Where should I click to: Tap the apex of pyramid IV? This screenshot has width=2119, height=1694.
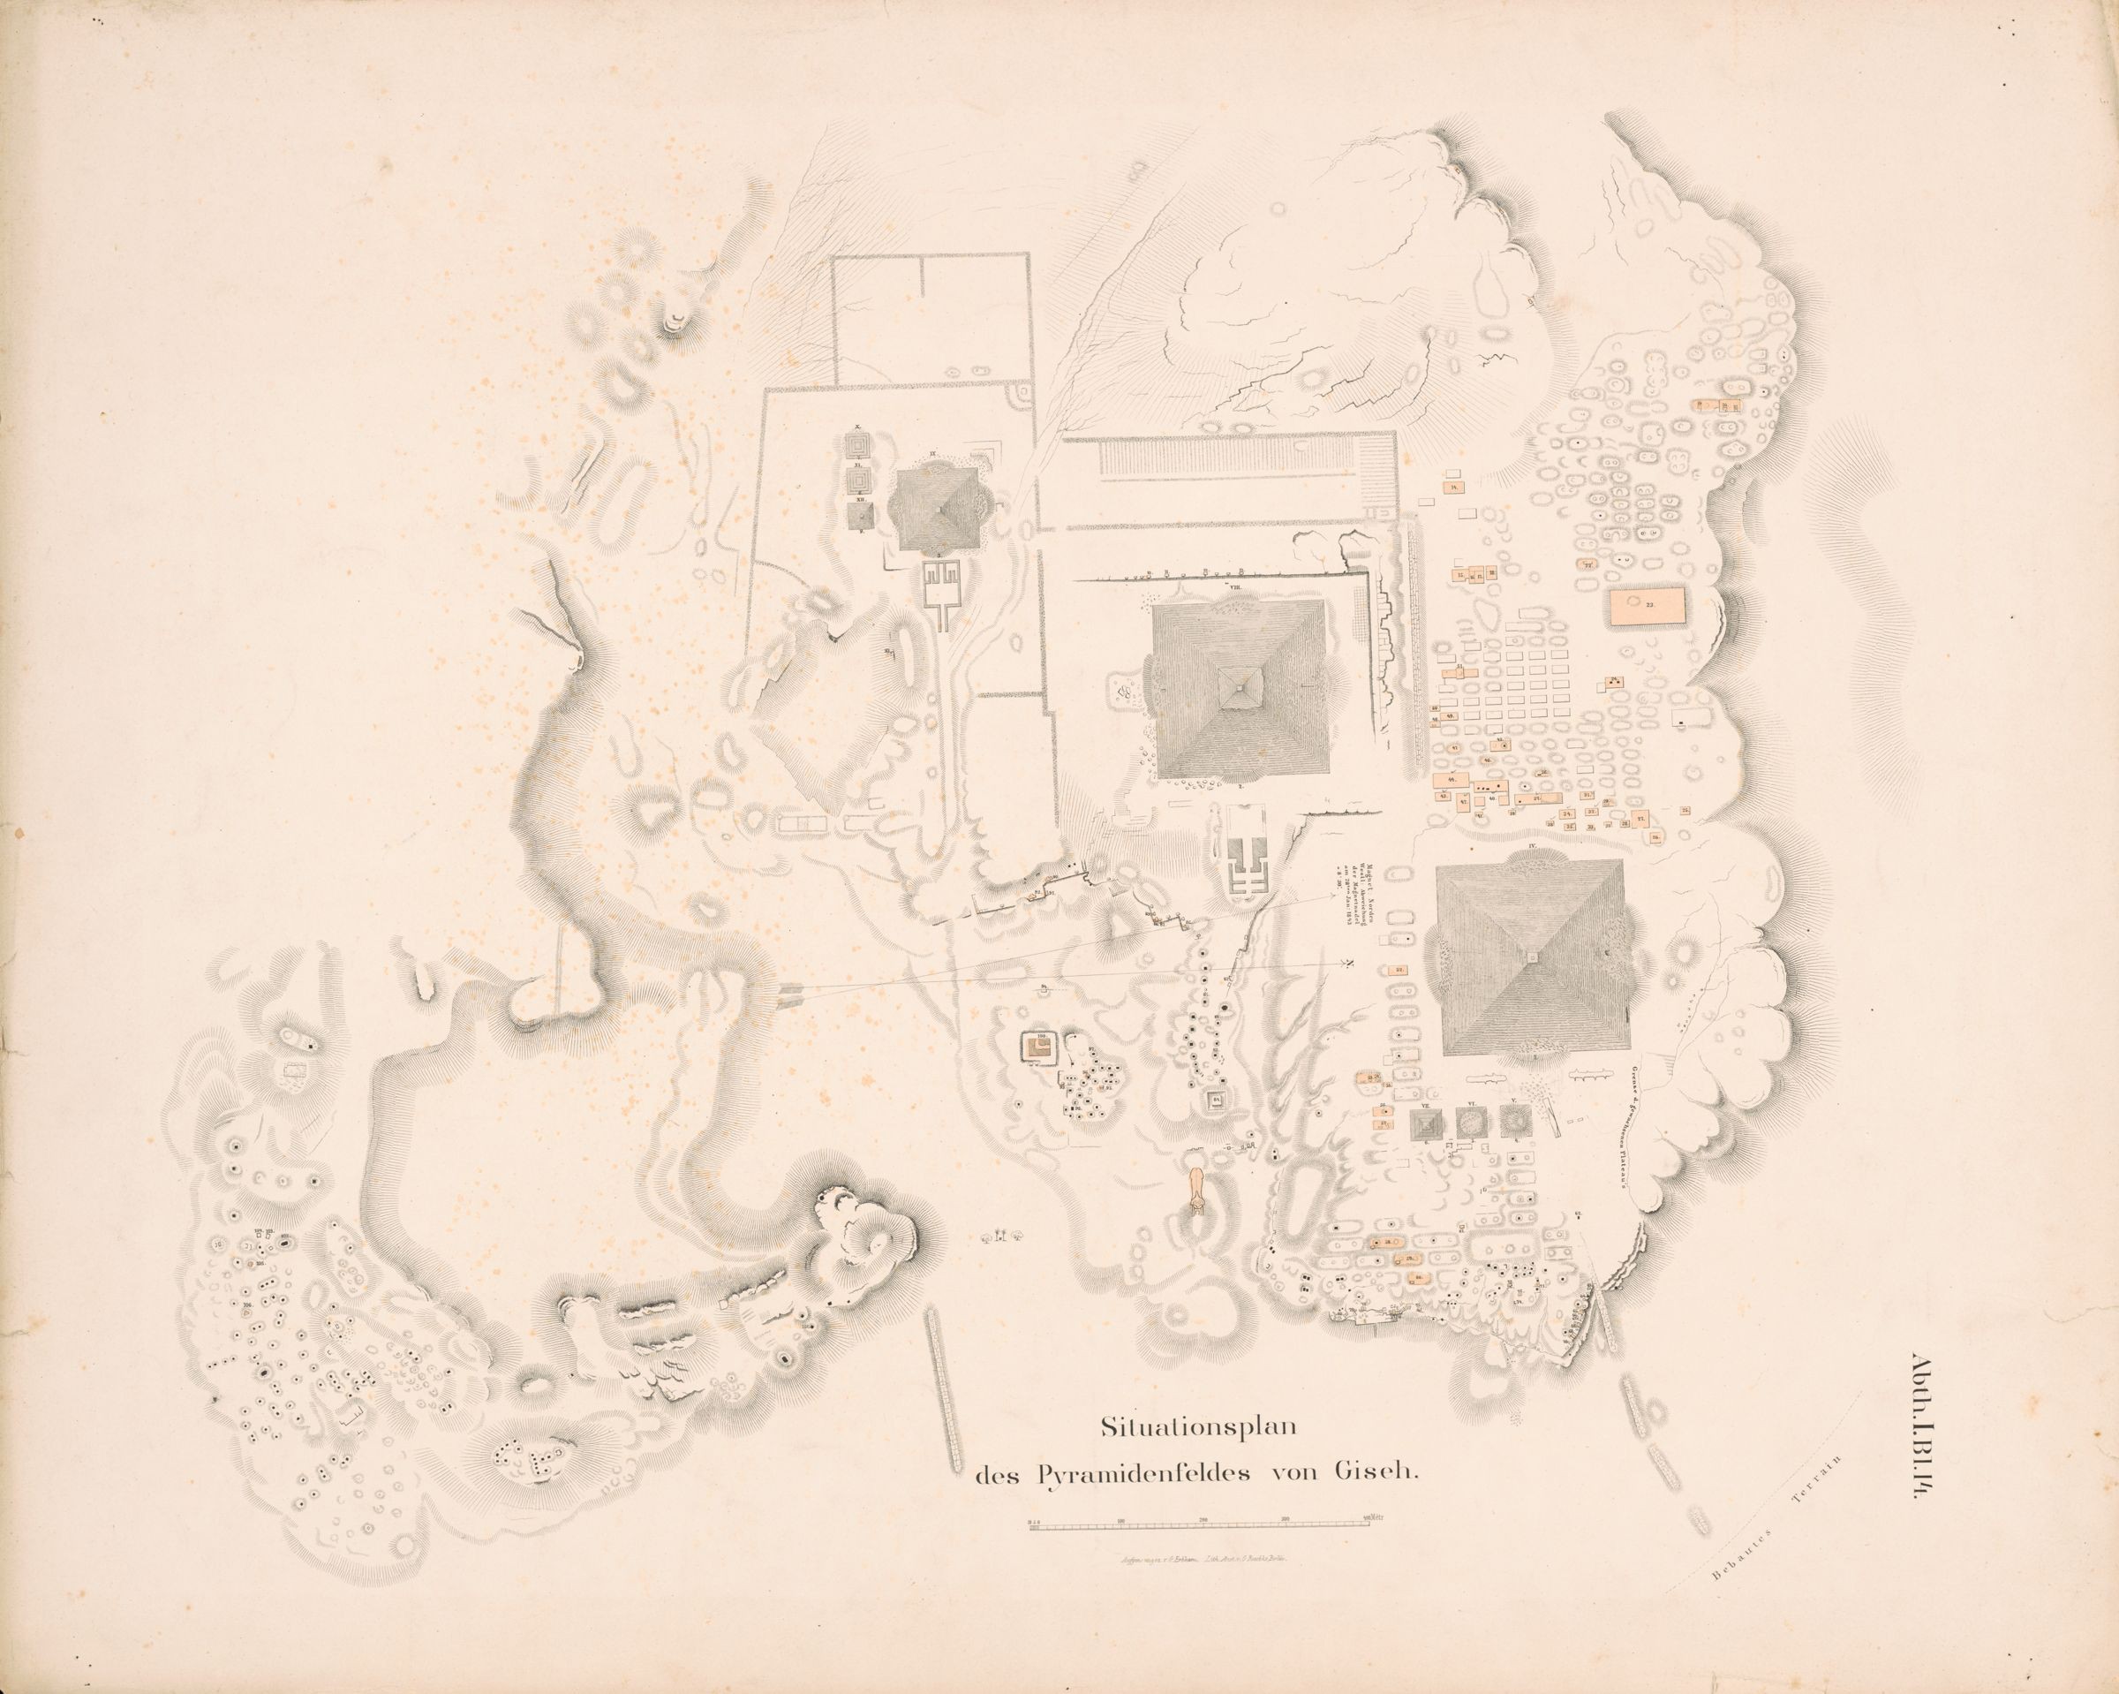pyautogui.click(x=1531, y=954)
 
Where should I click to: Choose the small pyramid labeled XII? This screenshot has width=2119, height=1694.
pyautogui.click(x=859, y=515)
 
